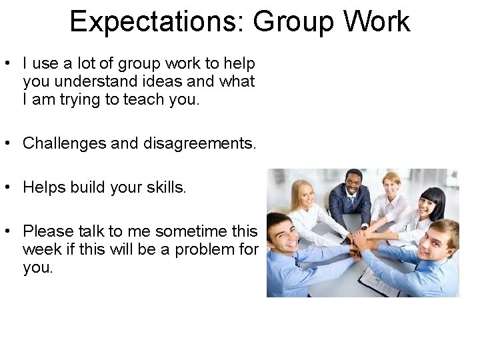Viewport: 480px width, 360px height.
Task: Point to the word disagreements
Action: tap(199, 143)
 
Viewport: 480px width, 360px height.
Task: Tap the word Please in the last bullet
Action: tap(48, 231)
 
